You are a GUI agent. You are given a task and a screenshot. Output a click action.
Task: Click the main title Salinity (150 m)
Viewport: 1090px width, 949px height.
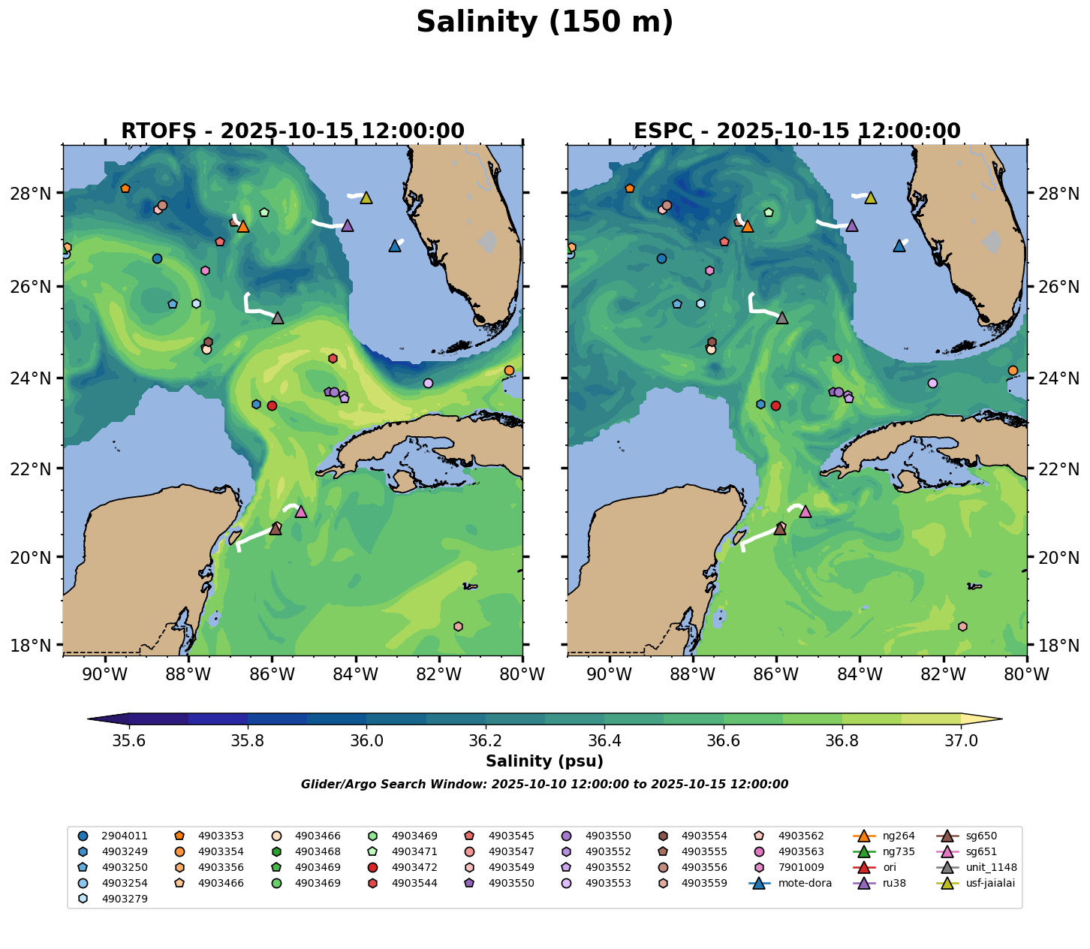tap(544, 23)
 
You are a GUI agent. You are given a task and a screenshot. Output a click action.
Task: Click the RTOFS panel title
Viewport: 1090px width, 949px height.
tap(292, 131)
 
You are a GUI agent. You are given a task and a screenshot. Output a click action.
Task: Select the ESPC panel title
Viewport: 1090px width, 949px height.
tap(796, 131)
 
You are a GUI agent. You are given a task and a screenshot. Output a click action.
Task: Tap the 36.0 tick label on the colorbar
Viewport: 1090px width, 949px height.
tap(366, 741)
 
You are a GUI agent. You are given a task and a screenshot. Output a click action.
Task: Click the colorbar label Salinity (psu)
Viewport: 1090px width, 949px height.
tap(544, 761)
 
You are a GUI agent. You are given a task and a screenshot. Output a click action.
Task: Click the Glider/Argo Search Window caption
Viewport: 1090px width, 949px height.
tap(544, 785)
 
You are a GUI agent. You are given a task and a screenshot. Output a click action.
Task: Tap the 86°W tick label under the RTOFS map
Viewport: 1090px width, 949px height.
tap(272, 674)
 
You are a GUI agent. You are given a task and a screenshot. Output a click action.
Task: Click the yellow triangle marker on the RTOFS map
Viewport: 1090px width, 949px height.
tap(366, 197)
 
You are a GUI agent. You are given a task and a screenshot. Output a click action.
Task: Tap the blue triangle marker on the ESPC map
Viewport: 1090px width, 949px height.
tap(899, 246)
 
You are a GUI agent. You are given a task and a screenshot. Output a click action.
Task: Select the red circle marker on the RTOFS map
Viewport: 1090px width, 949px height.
tap(272, 405)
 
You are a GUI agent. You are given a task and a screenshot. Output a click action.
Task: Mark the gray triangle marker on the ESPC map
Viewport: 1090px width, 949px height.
tap(782, 318)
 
